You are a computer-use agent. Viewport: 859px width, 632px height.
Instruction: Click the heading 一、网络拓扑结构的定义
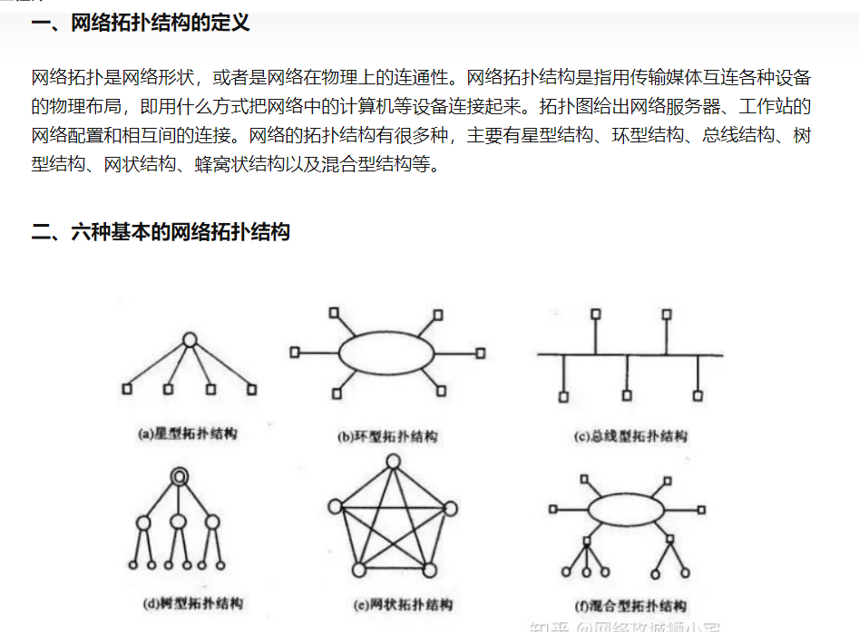point(141,23)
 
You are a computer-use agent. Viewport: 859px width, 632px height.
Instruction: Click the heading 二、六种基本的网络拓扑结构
point(161,232)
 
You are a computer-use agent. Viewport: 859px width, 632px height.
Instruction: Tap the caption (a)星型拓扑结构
point(187,434)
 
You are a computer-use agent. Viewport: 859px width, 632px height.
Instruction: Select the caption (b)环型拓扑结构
point(387,436)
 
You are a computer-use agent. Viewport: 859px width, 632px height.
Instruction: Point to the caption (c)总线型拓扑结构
point(630,436)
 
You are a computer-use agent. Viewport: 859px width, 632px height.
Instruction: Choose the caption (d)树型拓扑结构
point(193,602)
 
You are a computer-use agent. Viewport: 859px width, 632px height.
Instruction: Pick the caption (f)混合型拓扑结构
point(630,606)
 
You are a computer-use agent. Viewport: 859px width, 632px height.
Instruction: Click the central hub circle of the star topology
point(190,340)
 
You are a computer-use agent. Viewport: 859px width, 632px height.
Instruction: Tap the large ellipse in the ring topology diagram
point(386,353)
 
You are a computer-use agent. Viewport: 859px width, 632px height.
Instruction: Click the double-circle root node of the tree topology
point(179,475)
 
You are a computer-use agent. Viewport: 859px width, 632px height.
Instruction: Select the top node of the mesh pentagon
point(393,462)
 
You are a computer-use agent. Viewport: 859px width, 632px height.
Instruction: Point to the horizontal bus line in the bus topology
point(630,355)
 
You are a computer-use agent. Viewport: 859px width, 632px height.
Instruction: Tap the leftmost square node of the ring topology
point(294,352)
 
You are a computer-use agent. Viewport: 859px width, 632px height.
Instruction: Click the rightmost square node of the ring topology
point(480,353)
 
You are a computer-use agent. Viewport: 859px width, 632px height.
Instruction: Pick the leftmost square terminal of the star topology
point(127,389)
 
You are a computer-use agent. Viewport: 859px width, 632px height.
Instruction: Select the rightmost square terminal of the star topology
point(252,389)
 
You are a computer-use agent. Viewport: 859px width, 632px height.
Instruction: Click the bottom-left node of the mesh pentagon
point(358,569)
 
